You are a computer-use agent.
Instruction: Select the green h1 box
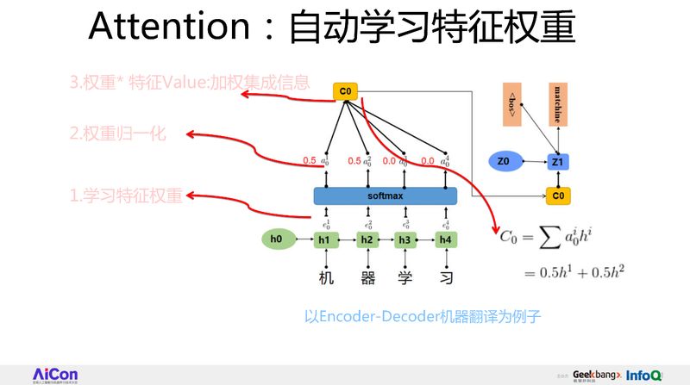(325, 239)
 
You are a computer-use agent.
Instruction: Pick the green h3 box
(405, 239)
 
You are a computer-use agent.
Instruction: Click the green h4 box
(445, 239)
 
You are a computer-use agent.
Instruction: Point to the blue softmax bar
(385, 196)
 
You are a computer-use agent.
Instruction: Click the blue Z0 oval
(505, 160)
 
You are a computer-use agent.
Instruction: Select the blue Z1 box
(557, 161)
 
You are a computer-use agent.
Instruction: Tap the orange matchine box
(557, 105)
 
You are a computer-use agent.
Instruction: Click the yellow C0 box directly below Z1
(557, 196)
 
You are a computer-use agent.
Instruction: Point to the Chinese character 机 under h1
(326, 277)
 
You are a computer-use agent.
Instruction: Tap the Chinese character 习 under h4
(445, 277)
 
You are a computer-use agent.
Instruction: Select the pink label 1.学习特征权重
(126, 196)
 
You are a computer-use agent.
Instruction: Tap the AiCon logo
(55, 374)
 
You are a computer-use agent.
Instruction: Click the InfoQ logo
(644, 376)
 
